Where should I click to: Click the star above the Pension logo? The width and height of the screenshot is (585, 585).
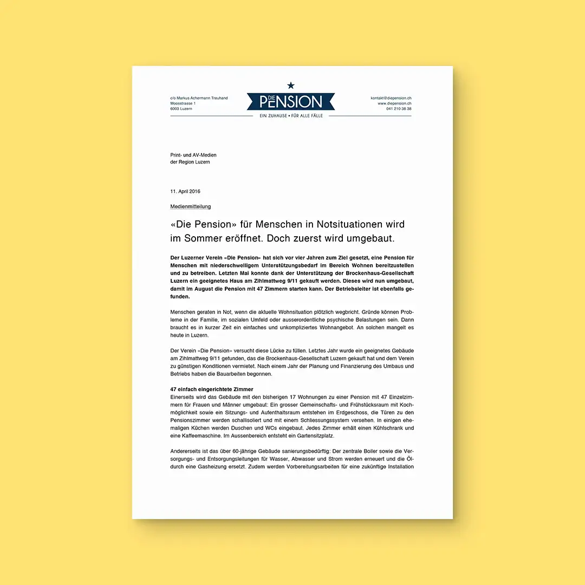(x=291, y=85)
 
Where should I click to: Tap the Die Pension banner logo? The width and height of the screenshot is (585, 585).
(x=291, y=101)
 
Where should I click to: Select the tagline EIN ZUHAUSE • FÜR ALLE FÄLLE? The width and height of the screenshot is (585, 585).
(x=291, y=116)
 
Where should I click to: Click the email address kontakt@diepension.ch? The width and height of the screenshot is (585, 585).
(x=391, y=98)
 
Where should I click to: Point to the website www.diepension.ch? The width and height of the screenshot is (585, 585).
(x=394, y=103)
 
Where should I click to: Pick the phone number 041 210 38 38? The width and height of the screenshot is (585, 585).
(x=399, y=109)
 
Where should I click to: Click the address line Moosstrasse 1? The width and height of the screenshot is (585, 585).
(x=183, y=103)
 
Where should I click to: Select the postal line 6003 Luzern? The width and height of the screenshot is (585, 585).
(x=181, y=109)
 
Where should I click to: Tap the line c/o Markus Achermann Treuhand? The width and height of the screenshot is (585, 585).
(x=199, y=98)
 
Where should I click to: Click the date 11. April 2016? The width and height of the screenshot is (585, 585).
(x=185, y=192)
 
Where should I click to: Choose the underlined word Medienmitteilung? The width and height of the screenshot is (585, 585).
(x=191, y=206)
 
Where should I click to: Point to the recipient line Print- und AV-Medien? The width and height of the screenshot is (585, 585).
(x=193, y=155)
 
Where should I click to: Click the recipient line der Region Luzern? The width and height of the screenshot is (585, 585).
(x=190, y=162)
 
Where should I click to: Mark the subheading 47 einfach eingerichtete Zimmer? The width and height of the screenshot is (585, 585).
(x=212, y=389)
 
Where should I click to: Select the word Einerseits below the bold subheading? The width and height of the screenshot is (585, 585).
(x=185, y=397)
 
